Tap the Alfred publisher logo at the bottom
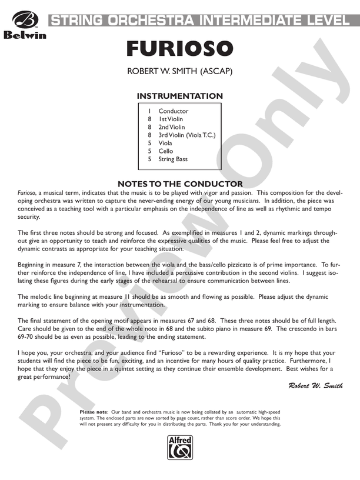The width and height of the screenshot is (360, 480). coord(180,448)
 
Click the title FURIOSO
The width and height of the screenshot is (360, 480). coord(180,49)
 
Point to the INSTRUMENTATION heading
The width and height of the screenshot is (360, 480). coord(180,96)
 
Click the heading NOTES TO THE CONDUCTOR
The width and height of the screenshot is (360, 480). coord(180,184)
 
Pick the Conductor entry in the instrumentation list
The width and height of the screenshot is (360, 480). coord(173,111)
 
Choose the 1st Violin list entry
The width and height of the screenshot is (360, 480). coord(171,119)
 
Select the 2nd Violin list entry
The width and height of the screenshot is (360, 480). coord(171,127)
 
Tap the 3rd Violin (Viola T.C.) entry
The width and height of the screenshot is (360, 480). coord(186,135)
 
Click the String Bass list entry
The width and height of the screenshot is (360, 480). coord(173,159)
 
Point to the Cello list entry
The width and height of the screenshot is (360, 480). coord(165,151)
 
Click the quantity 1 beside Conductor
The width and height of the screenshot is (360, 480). coord(150,111)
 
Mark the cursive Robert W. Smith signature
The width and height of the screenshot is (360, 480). coord(315,385)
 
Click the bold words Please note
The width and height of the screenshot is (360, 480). coord(94,412)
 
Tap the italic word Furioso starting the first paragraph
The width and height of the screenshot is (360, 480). coord(26,192)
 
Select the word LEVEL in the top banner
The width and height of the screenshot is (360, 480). coord(323,21)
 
